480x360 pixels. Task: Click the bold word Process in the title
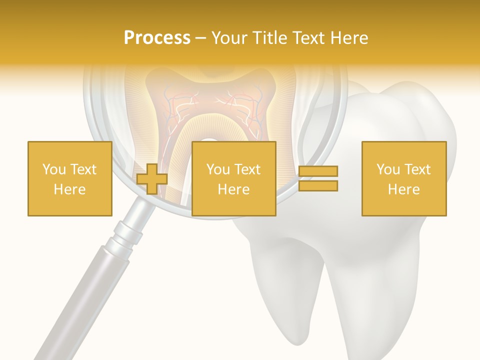pos(157,38)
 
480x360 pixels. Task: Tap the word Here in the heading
pos(348,38)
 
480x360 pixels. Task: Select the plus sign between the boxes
pos(152,179)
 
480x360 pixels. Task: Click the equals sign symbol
pos(318,178)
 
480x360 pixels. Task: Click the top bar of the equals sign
pos(318,171)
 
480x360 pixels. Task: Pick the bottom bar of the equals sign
pos(318,186)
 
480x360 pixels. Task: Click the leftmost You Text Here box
pos(69,178)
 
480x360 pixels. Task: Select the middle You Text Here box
pos(233,178)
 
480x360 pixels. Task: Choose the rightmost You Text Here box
pos(403,178)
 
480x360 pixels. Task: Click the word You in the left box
pos(53,169)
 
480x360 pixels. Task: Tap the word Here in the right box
pos(403,189)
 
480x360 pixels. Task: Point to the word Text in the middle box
pos(247,169)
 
